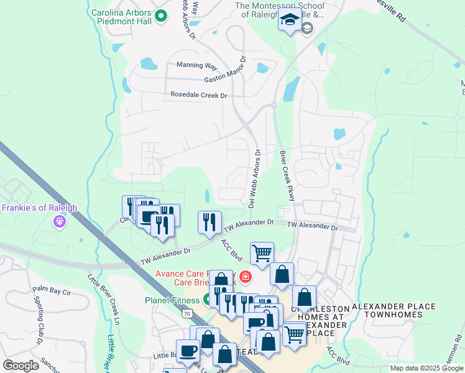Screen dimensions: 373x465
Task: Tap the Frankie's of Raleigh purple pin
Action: click(x=60, y=221)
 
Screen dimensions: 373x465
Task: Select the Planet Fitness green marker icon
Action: click(x=206, y=300)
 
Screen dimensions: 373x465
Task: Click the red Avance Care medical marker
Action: click(x=246, y=276)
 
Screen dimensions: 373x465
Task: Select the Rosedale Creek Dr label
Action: click(x=200, y=96)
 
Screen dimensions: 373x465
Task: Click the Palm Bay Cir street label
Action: click(x=53, y=290)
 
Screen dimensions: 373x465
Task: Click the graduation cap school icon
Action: click(x=288, y=22)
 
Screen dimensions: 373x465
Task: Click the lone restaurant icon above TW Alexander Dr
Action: click(x=209, y=221)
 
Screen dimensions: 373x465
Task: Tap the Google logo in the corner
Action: click(x=21, y=365)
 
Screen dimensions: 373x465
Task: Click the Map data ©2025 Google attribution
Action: click(x=426, y=368)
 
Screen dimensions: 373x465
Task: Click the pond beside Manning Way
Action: click(x=149, y=63)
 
